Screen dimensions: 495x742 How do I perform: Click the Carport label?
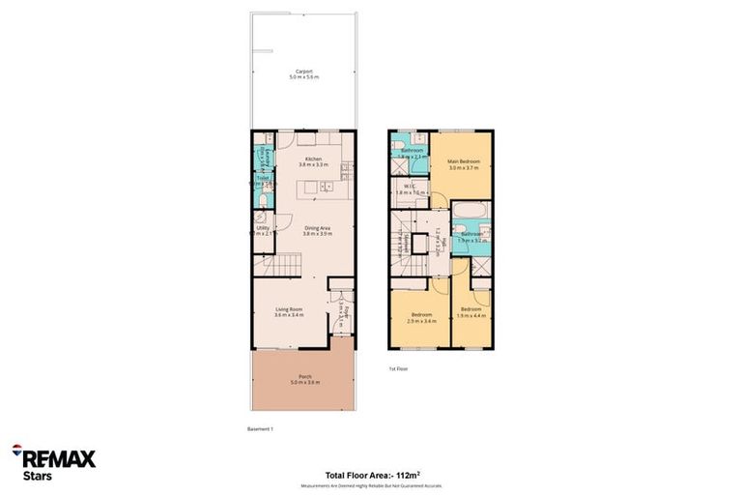tap(303, 73)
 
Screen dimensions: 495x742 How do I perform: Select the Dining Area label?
tap(317, 230)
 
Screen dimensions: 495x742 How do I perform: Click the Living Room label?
tap(289, 311)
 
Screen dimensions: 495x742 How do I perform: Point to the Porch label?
tap(303, 380)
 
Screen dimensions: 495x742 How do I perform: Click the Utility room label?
tap(263, 230)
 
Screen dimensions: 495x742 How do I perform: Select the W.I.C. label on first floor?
tap(411, 189)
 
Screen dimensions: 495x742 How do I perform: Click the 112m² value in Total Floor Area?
tap(409, 475)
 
